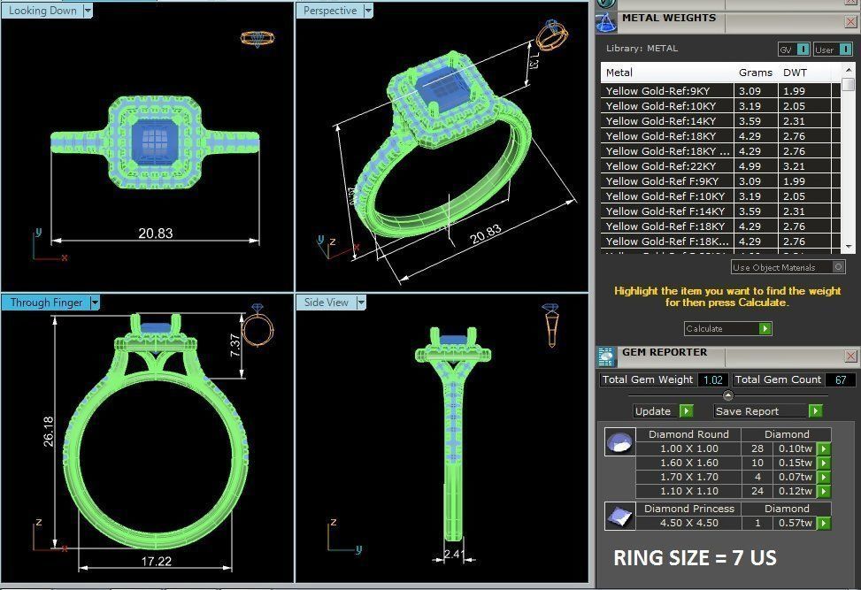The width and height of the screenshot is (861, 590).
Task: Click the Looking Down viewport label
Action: coord(42,11)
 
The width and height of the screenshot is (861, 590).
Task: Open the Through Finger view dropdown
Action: coord(95,303)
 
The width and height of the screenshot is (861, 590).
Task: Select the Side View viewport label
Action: coord(327,303)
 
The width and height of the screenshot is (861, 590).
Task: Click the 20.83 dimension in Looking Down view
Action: coord(155,234)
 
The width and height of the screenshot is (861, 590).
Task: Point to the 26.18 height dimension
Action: coord(48,431)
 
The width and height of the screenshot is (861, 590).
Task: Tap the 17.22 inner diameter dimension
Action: coord(155,561)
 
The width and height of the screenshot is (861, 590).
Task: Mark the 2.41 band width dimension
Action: coord(453,555)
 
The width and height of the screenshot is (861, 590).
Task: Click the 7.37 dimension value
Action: coord(234,345)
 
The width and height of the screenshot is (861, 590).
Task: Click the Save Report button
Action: coord(760,410)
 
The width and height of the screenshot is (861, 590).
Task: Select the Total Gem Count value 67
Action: coord(839,379)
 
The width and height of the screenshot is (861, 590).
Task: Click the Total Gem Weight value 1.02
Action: coord(712,379)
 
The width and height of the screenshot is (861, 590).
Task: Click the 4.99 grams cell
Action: coord(750,165)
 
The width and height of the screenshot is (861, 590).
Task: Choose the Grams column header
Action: coord(755,73)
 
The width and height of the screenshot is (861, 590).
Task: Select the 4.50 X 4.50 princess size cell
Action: coord(688,523)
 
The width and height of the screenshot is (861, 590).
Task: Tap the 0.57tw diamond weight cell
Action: coord(794,523)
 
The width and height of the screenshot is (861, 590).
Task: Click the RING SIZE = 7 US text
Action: coord(695,559)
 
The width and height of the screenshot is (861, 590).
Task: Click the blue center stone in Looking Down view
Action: coord(155,139)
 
